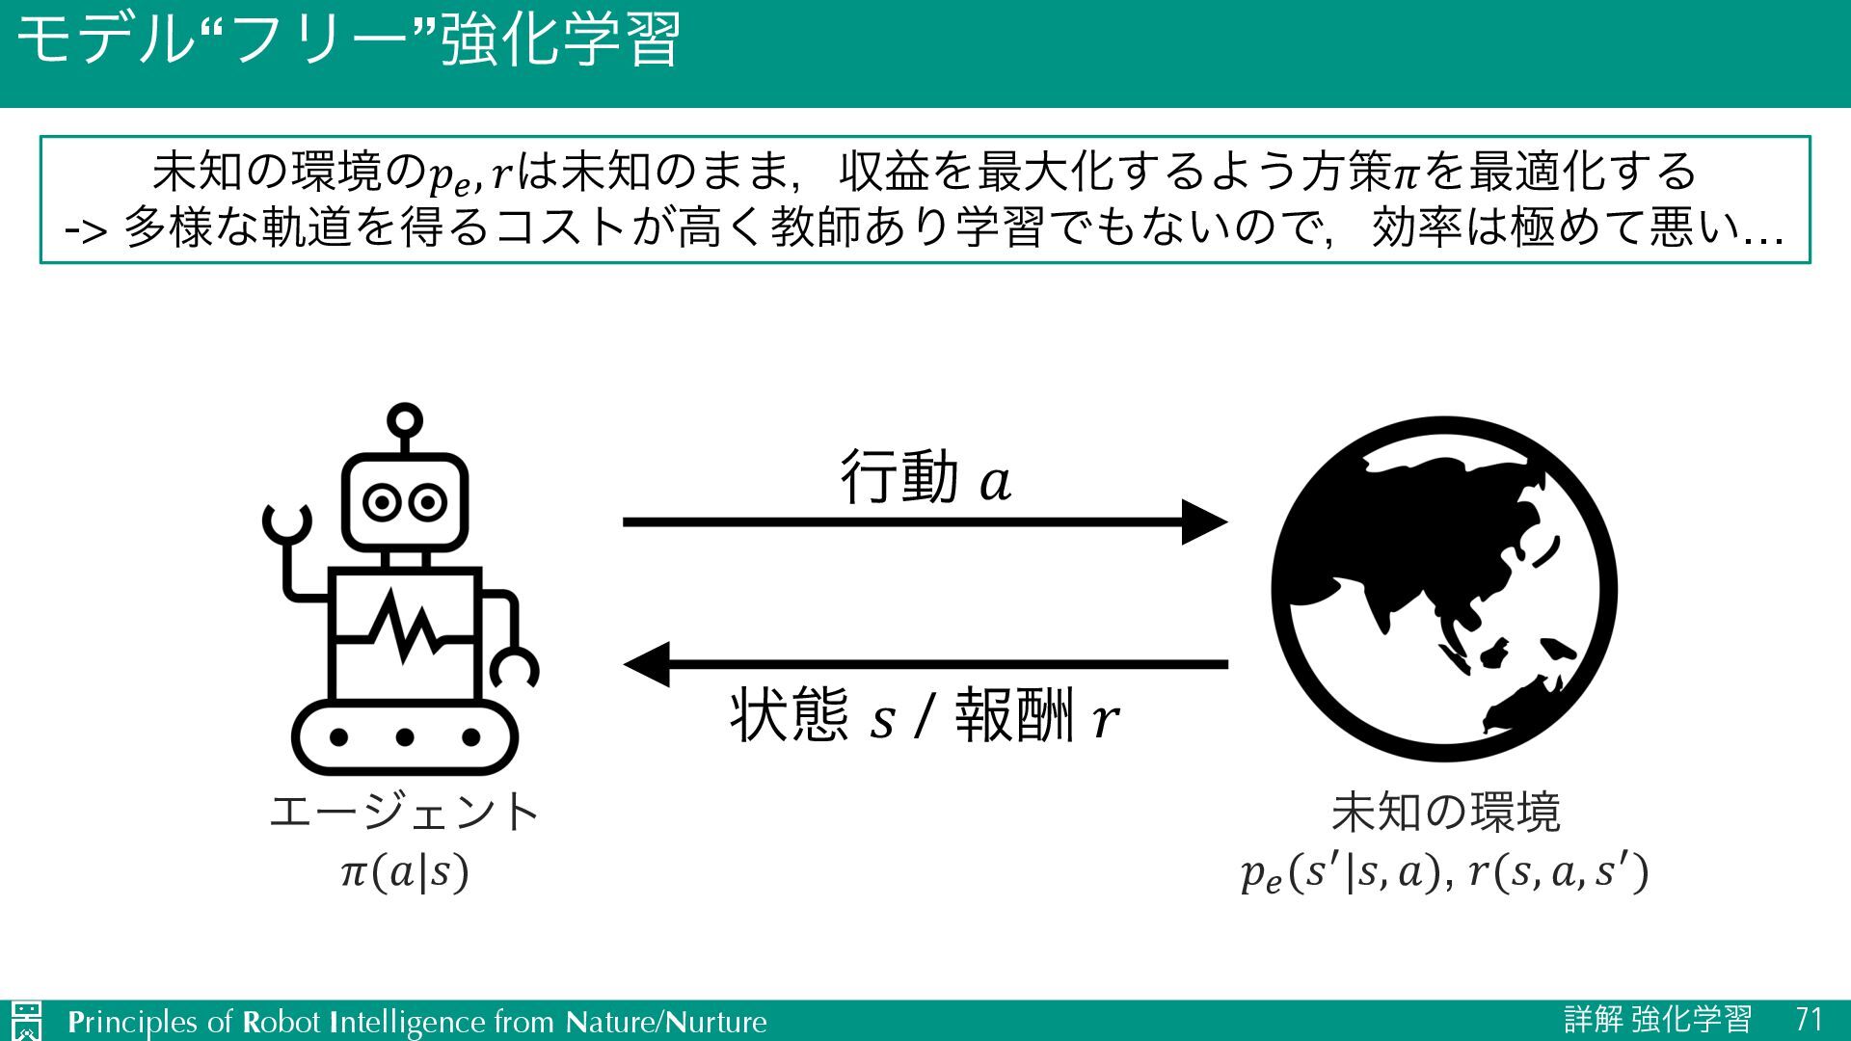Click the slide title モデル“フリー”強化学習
click(x=349, y=40)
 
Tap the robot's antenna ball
click(x=405, y=420)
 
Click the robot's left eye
click(x=382, y=502)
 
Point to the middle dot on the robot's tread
click(x=405, y=737)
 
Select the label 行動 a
click(x=925, y=477)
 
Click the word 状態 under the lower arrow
click(x=789, y=715)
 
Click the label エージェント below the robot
click(x=405, y=812)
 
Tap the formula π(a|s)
click(x=405, y=872)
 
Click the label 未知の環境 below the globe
click(x=1445, y=812)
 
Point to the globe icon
click(x=1444, y=589)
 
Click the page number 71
click(x=1810, y=1020)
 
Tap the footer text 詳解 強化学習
click(x=1657, y=1020)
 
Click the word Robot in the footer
click(x=281, y=1022)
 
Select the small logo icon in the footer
click(x=27, y=1021)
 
